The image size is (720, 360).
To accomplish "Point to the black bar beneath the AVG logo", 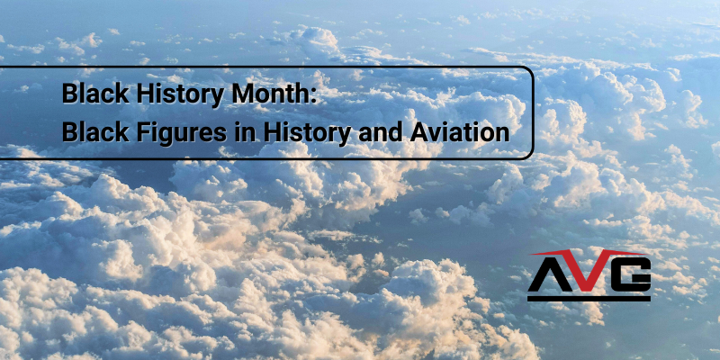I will [x=589, y=295].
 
